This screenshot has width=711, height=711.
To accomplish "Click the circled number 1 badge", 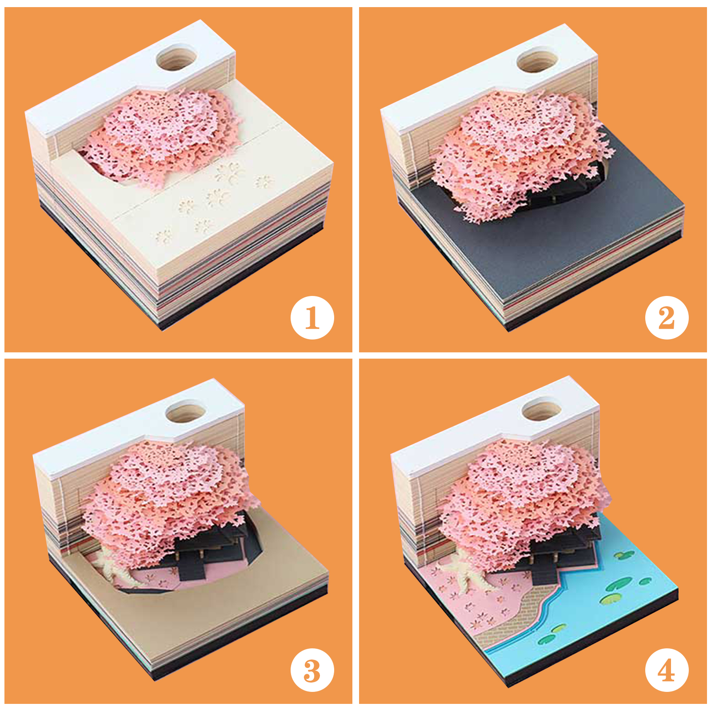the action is coord(312,318).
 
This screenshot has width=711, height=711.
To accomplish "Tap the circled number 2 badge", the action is coord(667,318).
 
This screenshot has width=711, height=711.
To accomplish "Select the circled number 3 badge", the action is coord(312,670).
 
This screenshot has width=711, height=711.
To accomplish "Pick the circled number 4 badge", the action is coord(667,670).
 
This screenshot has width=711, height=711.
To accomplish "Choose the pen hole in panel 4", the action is coord(543,409).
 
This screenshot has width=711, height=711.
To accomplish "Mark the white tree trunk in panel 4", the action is coord(469,573).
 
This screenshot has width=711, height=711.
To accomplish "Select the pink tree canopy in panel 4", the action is coord(524,502).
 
